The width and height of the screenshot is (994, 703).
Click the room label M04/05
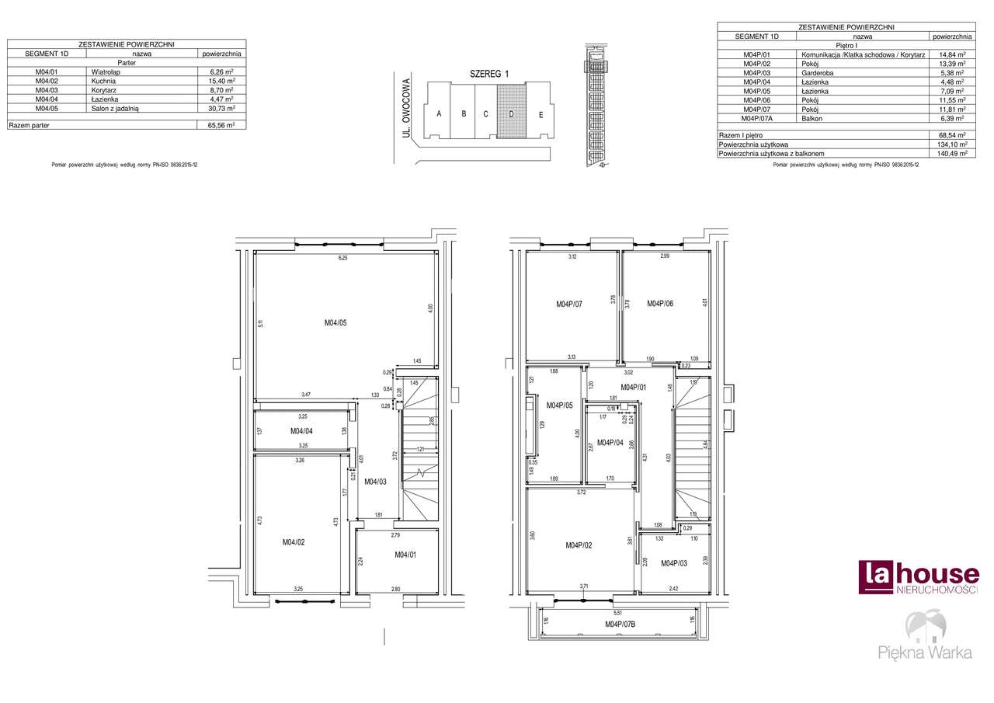(x=335, y=322)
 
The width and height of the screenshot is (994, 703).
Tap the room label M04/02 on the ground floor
(x=293, y=542)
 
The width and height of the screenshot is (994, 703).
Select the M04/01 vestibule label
(x=405, y=555)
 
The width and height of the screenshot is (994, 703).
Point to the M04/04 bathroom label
(x=301, y=430)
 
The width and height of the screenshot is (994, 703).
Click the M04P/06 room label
(x=660, y=304)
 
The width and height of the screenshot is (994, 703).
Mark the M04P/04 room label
(x=610, y=442)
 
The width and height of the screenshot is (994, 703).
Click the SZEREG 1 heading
(x=488, y=74)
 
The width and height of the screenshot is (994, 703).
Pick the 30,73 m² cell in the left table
(x=221, y=110)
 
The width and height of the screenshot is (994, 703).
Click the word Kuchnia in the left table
(x=103, y=81)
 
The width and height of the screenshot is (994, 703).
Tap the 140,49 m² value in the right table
(x=952, y=154)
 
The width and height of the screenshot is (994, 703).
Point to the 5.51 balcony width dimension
(x=618, y=613)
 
